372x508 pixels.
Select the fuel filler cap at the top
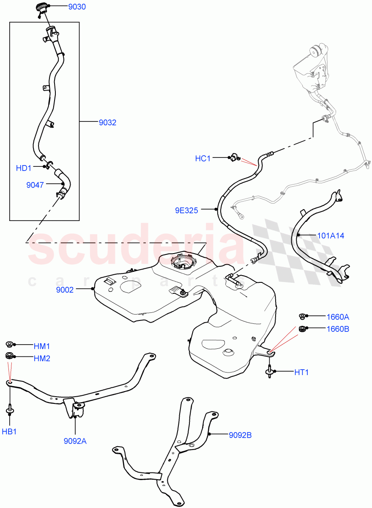(41, 8)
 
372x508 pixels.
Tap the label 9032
(107, 123)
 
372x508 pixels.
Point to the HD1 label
(24, 168)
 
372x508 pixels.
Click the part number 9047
(34, 185)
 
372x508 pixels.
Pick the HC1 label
(202, 158)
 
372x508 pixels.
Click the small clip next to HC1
(233, 158)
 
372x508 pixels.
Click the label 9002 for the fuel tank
(65, 290)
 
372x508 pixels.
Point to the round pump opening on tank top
(183, 262)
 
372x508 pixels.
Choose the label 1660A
(338, 317)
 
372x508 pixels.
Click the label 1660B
(338, 329)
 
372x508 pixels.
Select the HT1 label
(302, 373)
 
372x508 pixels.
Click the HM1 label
(42, 346)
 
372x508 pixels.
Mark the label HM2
(42, 359)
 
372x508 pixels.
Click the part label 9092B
(240, 435)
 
